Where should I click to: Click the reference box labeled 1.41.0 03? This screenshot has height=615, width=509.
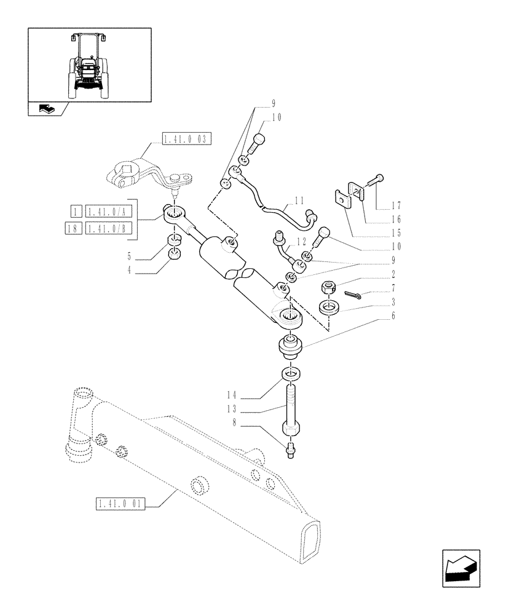pyautogui.click(x=187, y=138)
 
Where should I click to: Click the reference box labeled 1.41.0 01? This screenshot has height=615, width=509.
pyautogui.click(x=120, y=505)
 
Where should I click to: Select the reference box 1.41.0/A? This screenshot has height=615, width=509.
pyautogui.click(x=108, y=212)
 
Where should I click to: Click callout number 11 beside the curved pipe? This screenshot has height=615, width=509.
pyautogui.click(x=299, y=200)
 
